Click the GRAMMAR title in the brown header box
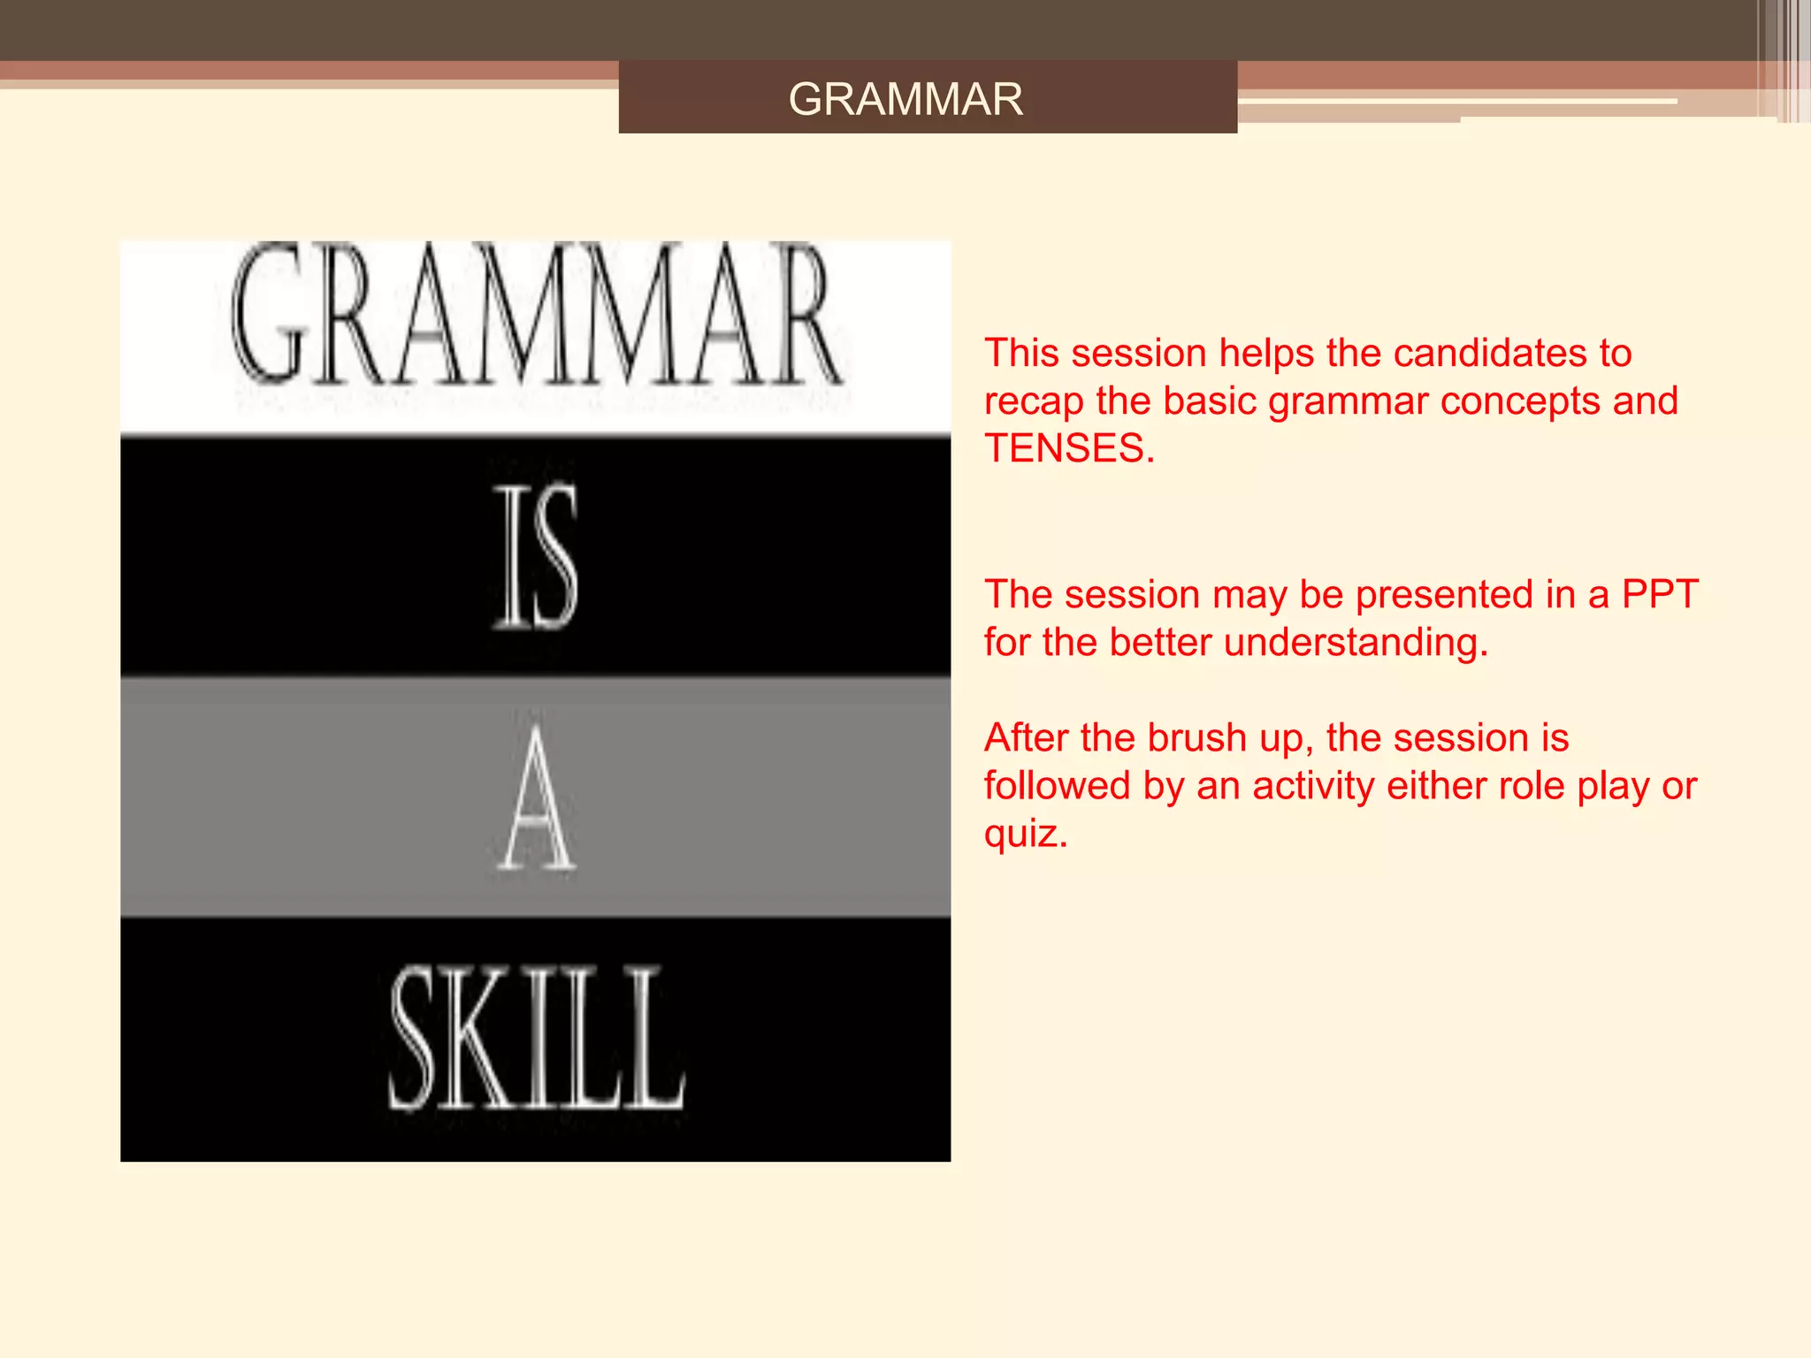pos(905,99)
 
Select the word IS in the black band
pos(536,557)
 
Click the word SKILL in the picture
pos(538,1038)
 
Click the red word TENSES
pos(1068,449)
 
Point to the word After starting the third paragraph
pos(1026,738)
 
